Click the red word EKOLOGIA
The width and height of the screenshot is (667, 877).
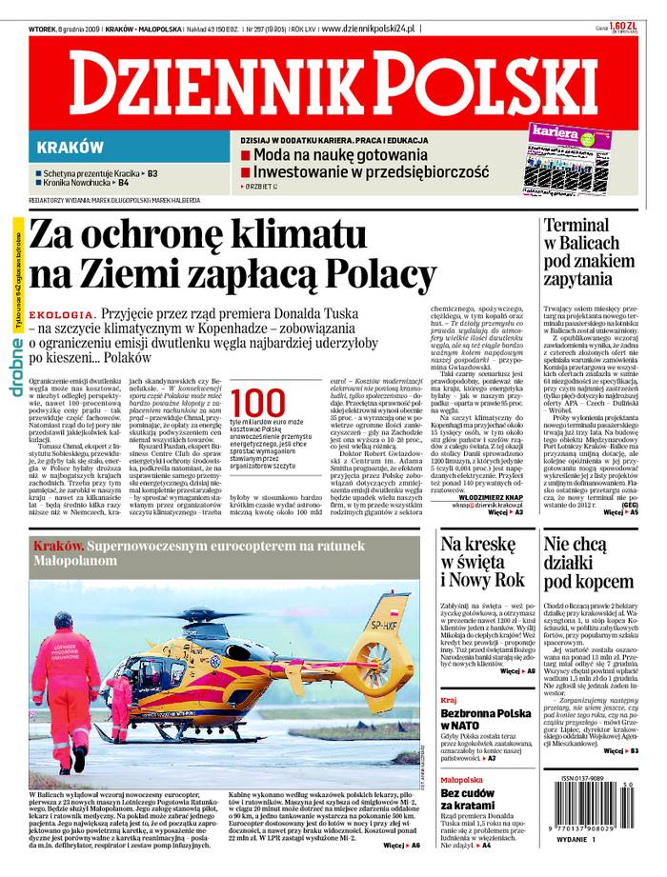tap(60, 314)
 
